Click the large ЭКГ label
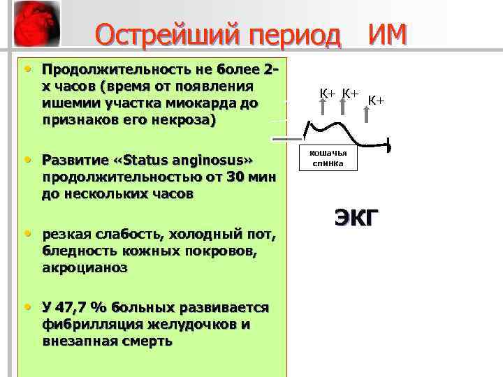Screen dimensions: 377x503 pos(356,218)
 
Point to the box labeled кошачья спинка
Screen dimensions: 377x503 pos(328,158)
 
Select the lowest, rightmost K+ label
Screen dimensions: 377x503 pos(377,102)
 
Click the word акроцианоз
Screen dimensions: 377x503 pos(85,267)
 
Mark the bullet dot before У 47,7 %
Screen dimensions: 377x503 pos(27,307)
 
